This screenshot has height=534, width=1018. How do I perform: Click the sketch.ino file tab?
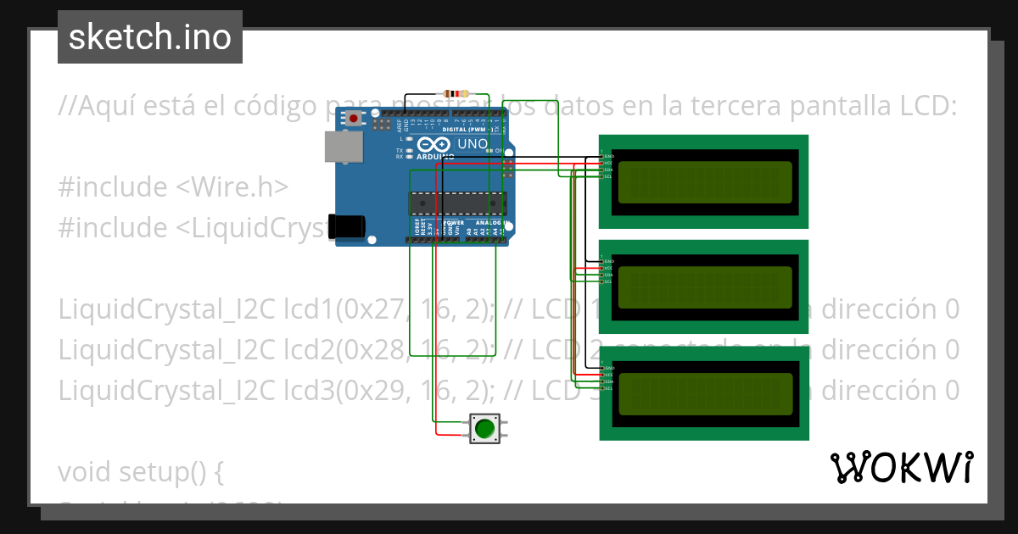click(150, 37)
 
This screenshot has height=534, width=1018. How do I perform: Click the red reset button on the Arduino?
click(353, 119)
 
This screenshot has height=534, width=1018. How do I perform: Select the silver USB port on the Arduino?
click(343, 147)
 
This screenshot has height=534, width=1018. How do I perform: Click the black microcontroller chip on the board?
click(458, 203)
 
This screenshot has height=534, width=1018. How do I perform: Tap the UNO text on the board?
click(473, 144)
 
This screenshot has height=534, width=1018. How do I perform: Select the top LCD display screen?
click(704, 181)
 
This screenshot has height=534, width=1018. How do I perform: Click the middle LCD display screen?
click(704, 287)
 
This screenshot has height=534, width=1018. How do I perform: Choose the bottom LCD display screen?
click(704, 393)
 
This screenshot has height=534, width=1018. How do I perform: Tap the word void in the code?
click(87, 472)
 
